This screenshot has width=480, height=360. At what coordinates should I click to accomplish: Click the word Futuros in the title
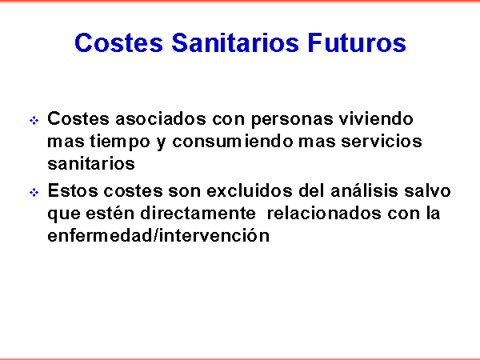[x=357, y=42]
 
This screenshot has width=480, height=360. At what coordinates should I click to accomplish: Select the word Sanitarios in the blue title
[x=234, y=42]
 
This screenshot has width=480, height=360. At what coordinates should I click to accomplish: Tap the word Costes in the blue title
[x=118, y=42]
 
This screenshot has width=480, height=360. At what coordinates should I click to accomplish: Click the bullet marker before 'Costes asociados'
[x=34, y=120]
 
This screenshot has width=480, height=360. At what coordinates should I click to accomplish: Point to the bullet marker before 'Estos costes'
[x=34, y=193]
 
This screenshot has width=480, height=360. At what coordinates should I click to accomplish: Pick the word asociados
[x=161, y=118]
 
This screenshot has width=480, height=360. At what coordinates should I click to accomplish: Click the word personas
[x=292, y=119]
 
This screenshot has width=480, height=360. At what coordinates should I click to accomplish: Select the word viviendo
[x=376, y=118]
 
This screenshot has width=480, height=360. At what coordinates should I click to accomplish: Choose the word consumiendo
[x=233, y=142]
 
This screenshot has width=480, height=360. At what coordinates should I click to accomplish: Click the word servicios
[x=382, y=142]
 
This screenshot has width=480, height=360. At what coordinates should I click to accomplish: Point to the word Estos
[x=73, y=190]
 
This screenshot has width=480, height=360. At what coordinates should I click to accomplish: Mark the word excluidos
[x=250, y=190]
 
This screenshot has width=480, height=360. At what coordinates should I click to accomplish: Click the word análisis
[x=364, y=190]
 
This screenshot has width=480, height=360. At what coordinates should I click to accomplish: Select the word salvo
[x=427, y=190]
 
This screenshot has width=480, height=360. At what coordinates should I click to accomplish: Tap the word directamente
[x=198, y=213]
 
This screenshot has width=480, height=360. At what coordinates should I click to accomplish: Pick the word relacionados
[x=324, y=213]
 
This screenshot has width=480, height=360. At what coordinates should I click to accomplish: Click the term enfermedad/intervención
[x=158, y=235]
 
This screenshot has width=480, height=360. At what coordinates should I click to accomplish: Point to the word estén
[x=110, y=213]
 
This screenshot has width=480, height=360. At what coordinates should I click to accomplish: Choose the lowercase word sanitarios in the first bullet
[x=91, y=164]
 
